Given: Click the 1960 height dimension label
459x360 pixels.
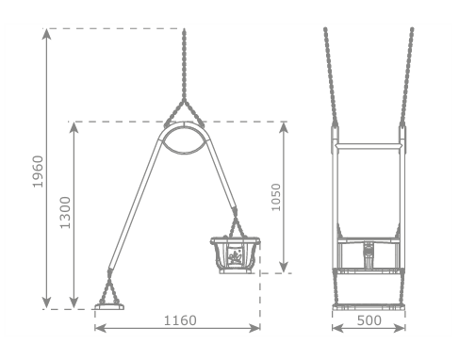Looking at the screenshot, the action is pyautogui.click(x=38, y=172).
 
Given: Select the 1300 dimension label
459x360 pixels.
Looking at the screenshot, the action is pyautogui.click(x=65, y=213).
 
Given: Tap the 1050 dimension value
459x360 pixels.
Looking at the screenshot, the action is pyautogui.click(x=276, y=198).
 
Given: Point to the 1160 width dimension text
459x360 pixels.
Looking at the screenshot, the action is pyautogui.click(x=180, y=320).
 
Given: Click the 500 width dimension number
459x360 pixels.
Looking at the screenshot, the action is pyautogui.click(x=369, y=320).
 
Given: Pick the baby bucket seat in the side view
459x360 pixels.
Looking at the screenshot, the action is pyautogui.click(x=236, y=255).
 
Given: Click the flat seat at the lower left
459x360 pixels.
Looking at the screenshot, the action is pyautogui.click(x=109, y=307).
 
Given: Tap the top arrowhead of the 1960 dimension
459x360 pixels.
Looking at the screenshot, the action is pyautogui.click(x=46, y=34).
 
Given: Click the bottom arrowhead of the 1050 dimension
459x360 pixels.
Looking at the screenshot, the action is pyautogui.click(x=284, y=267).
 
